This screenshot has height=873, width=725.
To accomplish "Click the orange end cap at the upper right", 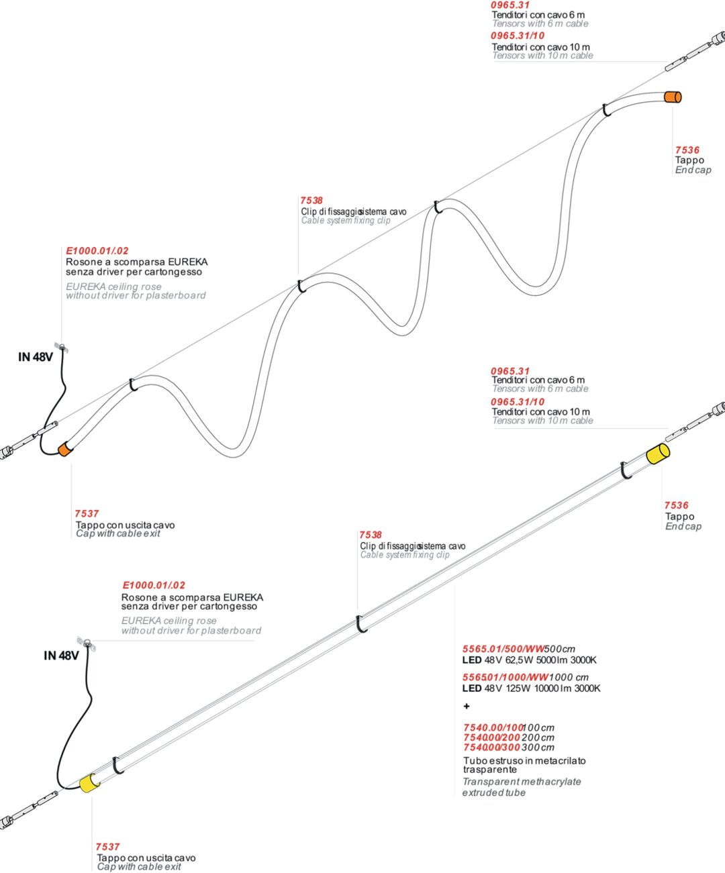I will click(x=673, y=97).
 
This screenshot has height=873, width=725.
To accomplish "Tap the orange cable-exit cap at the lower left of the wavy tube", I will click(x=64, y=449).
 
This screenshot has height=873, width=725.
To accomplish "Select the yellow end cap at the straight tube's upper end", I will click(x=657, y=454).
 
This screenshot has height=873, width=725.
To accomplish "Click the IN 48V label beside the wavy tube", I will click(x=35, y=357).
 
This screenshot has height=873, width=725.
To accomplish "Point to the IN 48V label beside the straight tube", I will click(x=61, y=656).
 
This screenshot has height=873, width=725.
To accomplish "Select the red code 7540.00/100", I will click(x=493, y=727).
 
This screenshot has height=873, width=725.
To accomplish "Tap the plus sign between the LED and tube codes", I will click(x=467, y=706).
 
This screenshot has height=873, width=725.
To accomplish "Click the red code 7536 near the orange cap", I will click(x=687, y=150).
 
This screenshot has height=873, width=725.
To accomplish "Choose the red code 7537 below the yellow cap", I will click(x=107, y=847).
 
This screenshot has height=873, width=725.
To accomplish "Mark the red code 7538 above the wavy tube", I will click(x=311, y=200).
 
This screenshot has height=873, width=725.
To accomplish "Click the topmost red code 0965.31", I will click(x=510, y=5).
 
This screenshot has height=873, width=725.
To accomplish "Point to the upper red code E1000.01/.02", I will click(x=97, y=251).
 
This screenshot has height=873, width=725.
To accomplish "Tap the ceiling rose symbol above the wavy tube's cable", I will click(x=62, y=348).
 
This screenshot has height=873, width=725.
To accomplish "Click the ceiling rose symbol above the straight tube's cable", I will click(x=87, y=643).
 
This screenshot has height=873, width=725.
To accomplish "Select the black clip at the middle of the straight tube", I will click(x=361, y=623).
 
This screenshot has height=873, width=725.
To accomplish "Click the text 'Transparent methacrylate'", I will click(x=522, y=782).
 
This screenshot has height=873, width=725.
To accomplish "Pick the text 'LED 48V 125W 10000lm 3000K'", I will click(x=531, y=688).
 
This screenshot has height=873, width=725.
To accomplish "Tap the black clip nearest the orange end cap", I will click(x=606, y=109).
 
